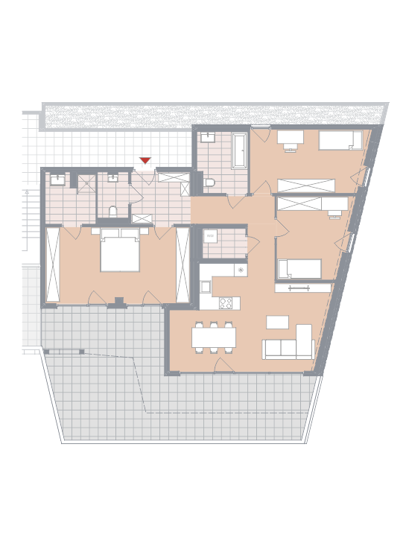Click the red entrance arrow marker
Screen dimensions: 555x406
pyautogui.click(x=145, y=160)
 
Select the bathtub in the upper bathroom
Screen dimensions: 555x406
pyautogui.click(x=239, y=150)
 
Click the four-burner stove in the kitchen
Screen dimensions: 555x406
pyautogui.click(x=226, y=303)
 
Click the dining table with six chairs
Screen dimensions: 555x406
pyautogui.click(x=214, y=337)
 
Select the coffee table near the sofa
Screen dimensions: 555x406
pyautogui.click(x=277, y=322)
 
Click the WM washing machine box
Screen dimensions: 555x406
pyautogui.click(x=210, y=236)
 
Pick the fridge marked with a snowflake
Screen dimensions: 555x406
pyautogui.click(x=241, y=270)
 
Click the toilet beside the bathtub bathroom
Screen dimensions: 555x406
pyautogui.click(x=209, y=183)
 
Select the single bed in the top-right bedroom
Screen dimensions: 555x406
pyautogui.click(x=340, y=140)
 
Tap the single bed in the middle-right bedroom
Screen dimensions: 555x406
pyautogui.click(x=299, y=268)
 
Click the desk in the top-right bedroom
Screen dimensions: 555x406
pyautogui.click(x=291, y=137)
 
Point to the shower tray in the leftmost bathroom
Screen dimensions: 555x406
pyautogui.click(x=87, y=184)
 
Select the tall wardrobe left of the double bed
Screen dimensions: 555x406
pyautogui.click(x=53, y=264)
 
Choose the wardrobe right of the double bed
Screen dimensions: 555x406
pyautogui.click(x=183, y=264)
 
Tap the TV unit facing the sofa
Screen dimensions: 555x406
pyautogui.click(x=303, y=288)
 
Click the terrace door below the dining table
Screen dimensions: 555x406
pyautogui.click(x=224, y=365)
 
